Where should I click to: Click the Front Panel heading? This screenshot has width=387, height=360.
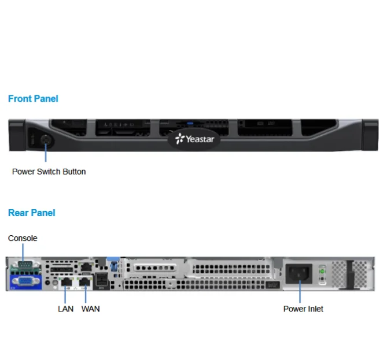point(33,99)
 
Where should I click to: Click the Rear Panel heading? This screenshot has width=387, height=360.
point(32,213)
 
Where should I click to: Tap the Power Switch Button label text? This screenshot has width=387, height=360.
point(49,172)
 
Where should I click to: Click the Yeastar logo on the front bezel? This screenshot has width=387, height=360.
point(195,139)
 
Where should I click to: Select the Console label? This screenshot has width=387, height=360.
point(23,238)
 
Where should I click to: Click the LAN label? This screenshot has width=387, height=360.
point(65,309)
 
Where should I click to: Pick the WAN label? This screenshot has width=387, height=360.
point(90,309)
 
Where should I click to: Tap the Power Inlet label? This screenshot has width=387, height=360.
point(303,309)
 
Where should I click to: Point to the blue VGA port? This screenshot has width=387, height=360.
point(25,281)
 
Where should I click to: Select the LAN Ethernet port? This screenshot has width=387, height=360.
point(67,281)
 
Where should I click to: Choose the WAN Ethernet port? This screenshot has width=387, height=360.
point(86,281)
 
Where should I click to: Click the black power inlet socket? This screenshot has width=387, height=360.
point(300,273)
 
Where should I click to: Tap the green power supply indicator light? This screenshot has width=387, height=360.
point(323,271)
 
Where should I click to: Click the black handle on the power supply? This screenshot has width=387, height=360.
point(349,274)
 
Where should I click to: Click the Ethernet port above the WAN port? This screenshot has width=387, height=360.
point(85,266)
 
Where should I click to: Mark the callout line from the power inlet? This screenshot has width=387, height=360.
point(300,292)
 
